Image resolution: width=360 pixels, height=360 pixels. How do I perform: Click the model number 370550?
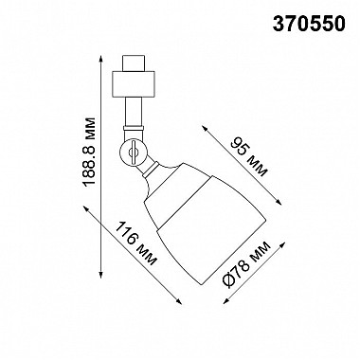308,24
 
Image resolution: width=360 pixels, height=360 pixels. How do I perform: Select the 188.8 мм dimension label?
88,153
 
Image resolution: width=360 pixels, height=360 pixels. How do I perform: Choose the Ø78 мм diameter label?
246,264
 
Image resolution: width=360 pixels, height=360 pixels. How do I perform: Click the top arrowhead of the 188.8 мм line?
101,59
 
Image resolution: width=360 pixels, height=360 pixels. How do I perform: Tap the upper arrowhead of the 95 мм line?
206,128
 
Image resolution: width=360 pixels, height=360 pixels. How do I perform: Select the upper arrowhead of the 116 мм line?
86,208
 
